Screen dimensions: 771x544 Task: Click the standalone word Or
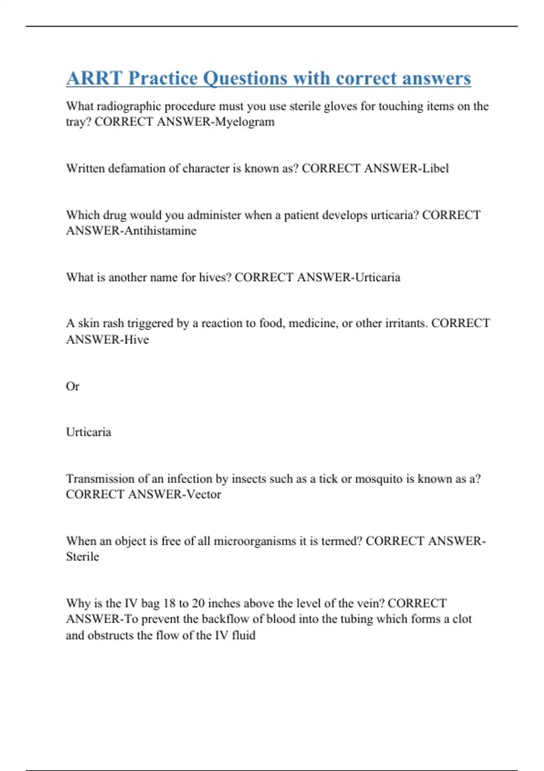point(73,386)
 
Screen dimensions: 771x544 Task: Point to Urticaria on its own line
point(88,432)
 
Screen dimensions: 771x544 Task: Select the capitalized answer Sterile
point(83,556)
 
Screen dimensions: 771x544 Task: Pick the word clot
point(462,619)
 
